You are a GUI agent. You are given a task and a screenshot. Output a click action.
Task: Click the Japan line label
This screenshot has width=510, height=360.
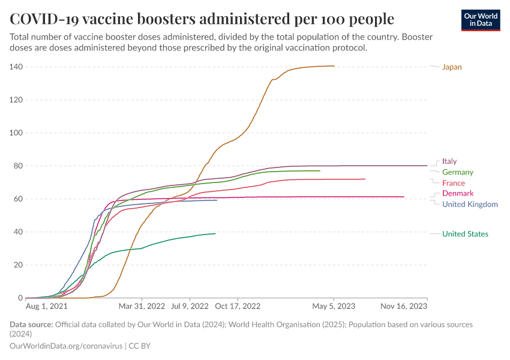(x=452, y=67)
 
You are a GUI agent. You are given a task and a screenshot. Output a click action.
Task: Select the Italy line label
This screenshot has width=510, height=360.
(x=449, y=161)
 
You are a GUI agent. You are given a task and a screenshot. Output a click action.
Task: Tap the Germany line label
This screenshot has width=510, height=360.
(x=458, y=172)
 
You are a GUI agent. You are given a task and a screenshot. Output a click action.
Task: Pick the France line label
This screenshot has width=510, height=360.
(x=453, y=183)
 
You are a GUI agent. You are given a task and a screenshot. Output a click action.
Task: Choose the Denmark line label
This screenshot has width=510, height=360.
(x=458, y=193)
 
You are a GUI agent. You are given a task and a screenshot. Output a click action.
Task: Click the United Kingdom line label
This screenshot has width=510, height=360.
(x=470, y=205)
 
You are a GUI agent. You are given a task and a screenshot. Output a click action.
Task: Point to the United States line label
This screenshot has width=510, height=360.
(x=465, y=234)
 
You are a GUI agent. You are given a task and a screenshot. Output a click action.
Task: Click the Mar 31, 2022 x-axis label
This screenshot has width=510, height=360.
(x=142, y=306)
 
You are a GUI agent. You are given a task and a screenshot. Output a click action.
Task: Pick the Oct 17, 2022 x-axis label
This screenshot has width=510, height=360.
(x=238, y=306)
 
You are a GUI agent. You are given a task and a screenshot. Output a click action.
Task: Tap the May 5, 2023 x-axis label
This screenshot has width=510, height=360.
(x=334, y=306)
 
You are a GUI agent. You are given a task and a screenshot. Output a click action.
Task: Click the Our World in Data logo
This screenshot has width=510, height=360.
(x=481, y=20)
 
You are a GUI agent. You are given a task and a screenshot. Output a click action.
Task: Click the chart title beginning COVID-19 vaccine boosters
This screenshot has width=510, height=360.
(x=202, y=18)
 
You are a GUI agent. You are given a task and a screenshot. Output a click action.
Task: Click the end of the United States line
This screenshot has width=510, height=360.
(x=215, y=233)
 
